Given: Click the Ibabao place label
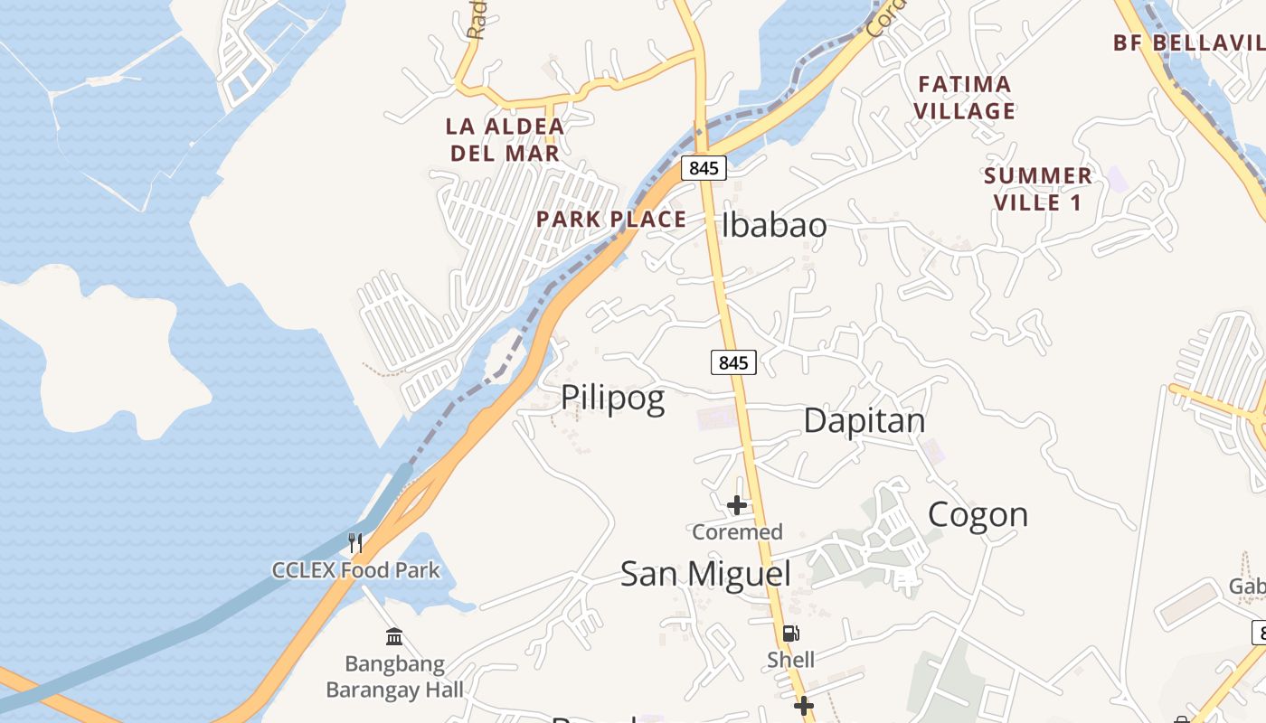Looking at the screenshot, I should point(774,225).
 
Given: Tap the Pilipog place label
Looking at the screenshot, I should point(613,398).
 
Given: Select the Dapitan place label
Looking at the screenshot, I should point(864,420).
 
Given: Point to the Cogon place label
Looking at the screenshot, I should point(978,514).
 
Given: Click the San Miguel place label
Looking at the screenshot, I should point(705,574).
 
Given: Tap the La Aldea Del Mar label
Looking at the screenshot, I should point(505,139).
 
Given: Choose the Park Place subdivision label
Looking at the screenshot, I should point(611,220).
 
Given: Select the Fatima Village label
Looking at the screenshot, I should point(964,98).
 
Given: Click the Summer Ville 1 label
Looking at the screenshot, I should point(1038,189).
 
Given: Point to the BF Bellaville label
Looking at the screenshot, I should point(1188,42).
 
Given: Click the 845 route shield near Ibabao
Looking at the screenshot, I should point(704,167).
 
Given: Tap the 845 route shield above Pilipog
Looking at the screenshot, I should point(733,362).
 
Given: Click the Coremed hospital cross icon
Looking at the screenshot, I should point(737,505).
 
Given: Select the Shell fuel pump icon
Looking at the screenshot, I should point(790,634).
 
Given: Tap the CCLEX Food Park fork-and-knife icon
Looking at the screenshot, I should point(355,543).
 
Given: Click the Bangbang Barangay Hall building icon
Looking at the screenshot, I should point(394,637).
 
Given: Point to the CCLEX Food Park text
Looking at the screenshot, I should point(356,570).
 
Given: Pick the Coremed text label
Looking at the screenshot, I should point(737,532).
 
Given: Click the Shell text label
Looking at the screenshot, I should point(790,660).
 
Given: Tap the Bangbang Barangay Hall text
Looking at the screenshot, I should point(394,677).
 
